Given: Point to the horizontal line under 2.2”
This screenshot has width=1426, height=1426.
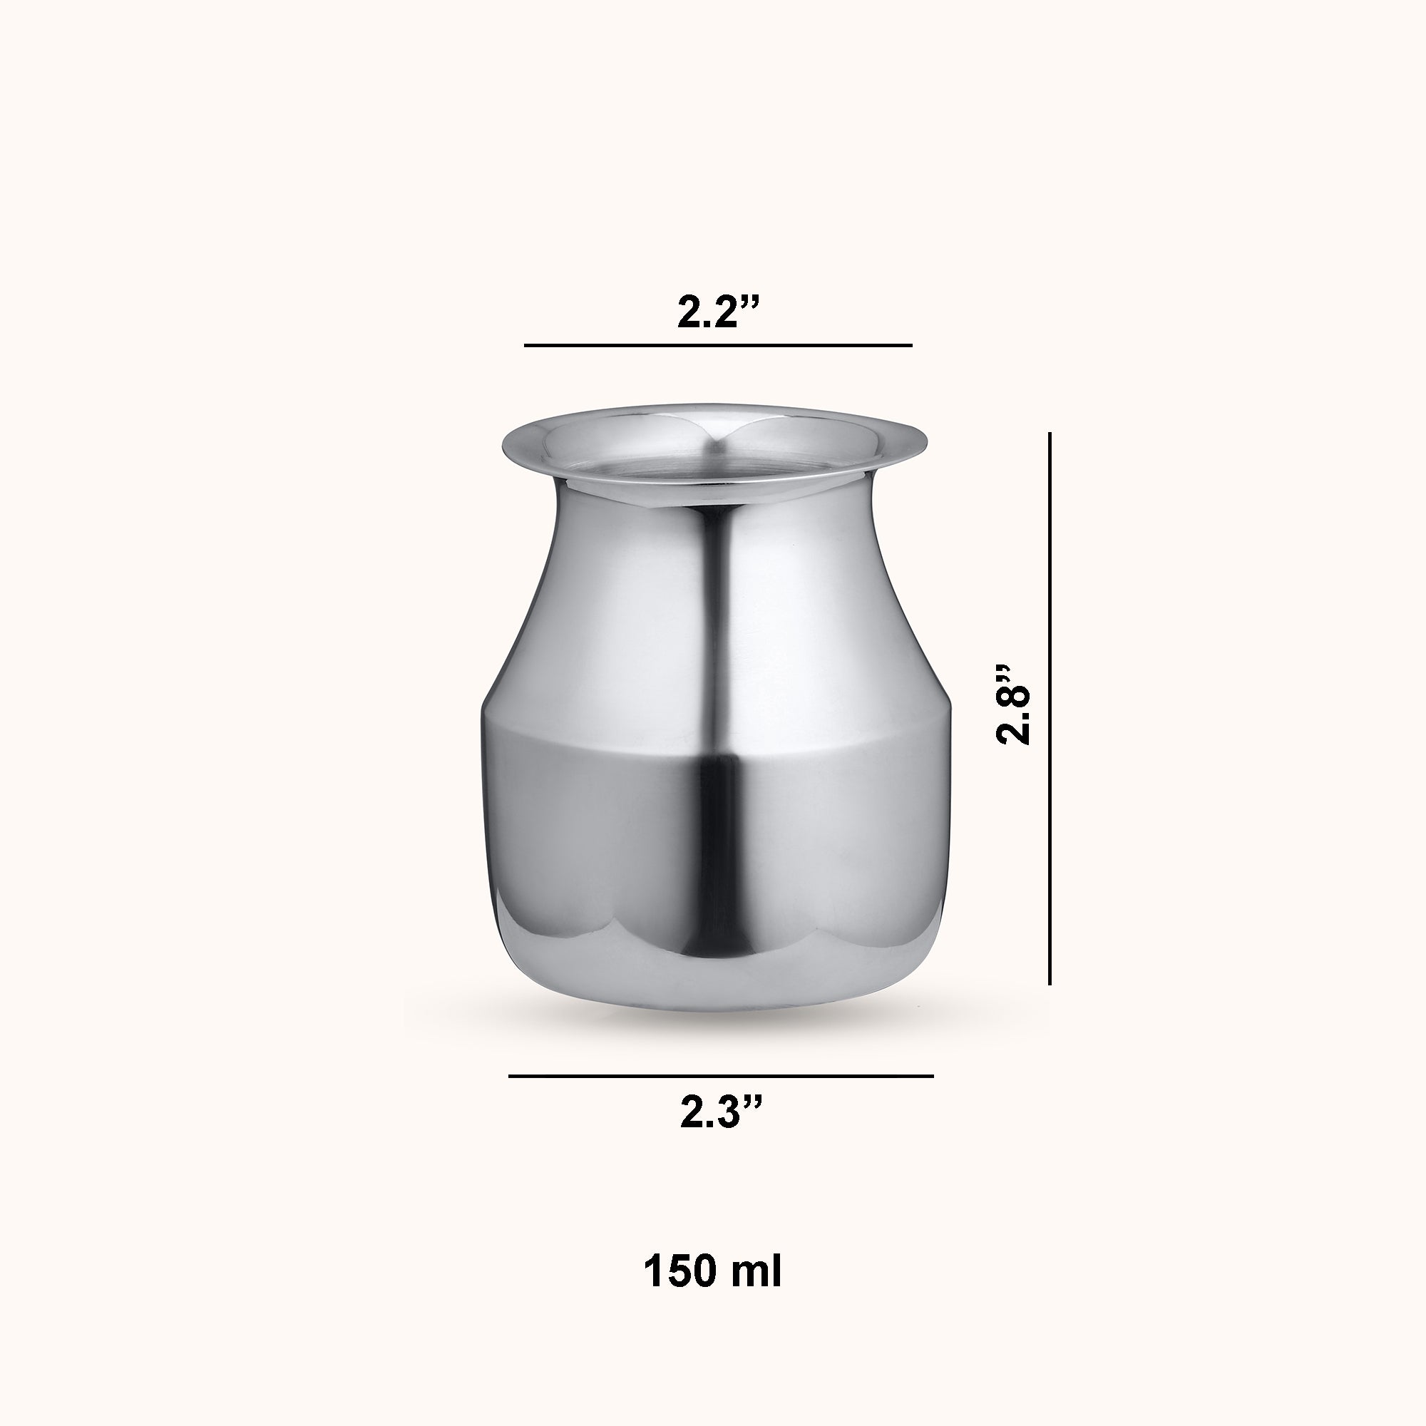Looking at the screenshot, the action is (718, 344).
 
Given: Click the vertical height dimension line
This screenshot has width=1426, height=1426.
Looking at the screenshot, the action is (1050, 709).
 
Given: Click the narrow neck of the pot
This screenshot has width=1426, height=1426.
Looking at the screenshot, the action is (713, 517).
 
